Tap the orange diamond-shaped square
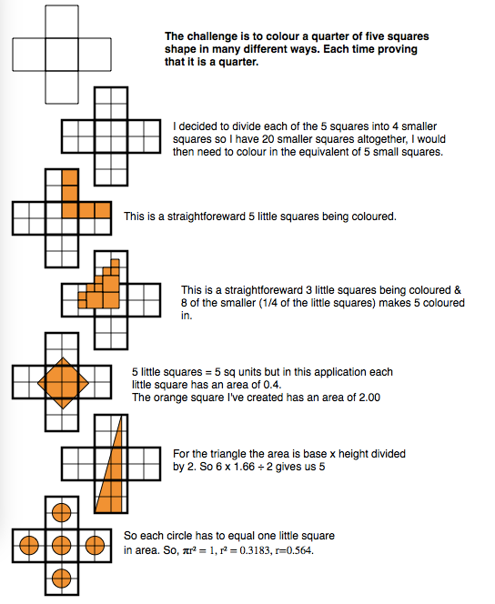coord(63,383)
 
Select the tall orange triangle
coord(109,465)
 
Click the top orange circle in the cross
coord(62,513)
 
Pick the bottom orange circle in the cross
coord(62,579)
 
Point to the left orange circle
coord(29,546)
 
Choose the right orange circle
coord(95,546)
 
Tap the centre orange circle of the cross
coord(62,546)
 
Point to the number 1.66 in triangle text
coord(244,467)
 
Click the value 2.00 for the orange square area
coord(369,398)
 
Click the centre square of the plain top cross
coord(62,55)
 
